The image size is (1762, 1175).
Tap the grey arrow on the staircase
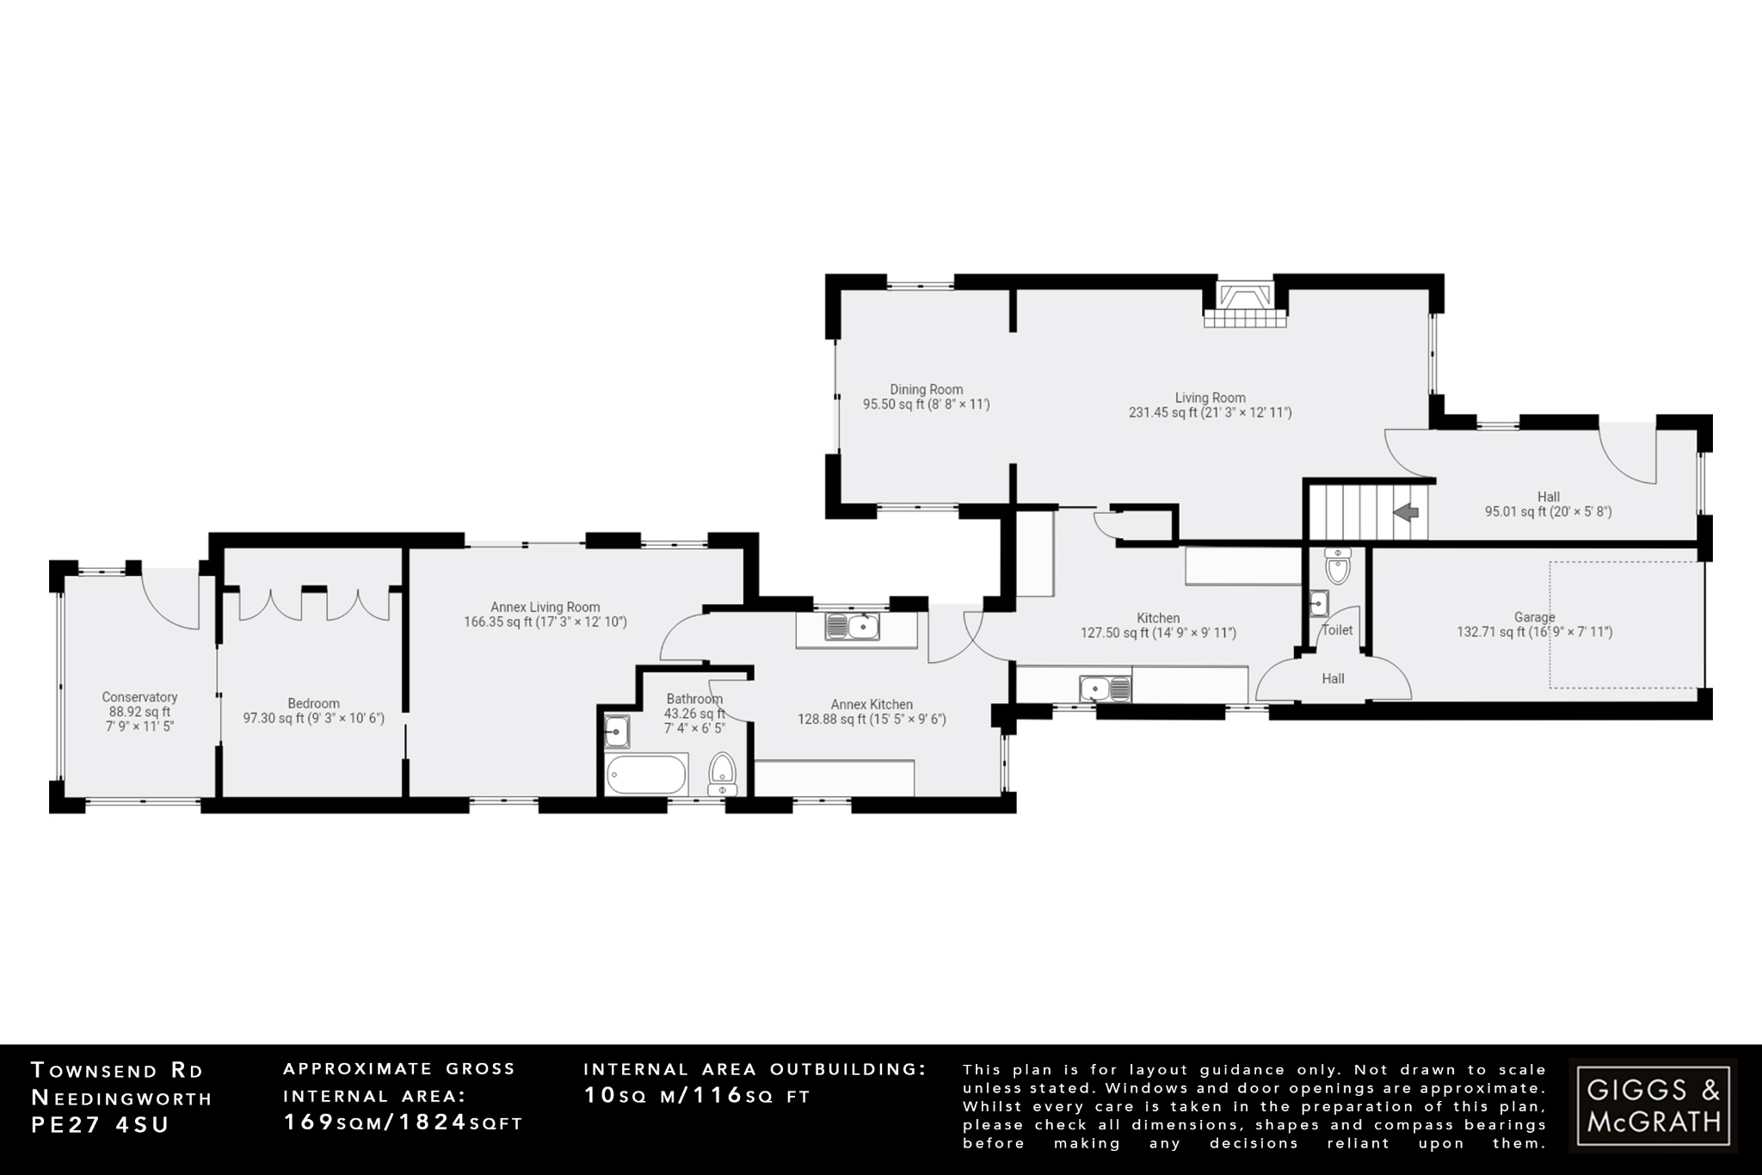coord(1406,513)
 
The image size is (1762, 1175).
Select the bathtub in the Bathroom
coord(646,774)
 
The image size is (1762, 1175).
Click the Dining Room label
coord(926,390)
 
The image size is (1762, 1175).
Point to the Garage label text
coord(1534,617)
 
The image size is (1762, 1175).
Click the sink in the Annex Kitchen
coord(852,627)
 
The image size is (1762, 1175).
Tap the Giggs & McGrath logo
coord(1653,1105)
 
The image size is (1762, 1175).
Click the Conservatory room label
coord(139,697)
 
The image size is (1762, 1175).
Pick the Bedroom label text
coord(313,703)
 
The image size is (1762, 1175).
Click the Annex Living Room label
coord(545,607)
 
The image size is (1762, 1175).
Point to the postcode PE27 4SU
coord(100,1125)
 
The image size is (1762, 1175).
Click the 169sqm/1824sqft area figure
coord(403,1122)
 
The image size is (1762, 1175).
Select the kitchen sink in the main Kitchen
coord(1105,689)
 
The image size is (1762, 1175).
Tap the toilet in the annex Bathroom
coord(723,772)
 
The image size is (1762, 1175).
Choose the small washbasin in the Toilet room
coord(1318,603)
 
